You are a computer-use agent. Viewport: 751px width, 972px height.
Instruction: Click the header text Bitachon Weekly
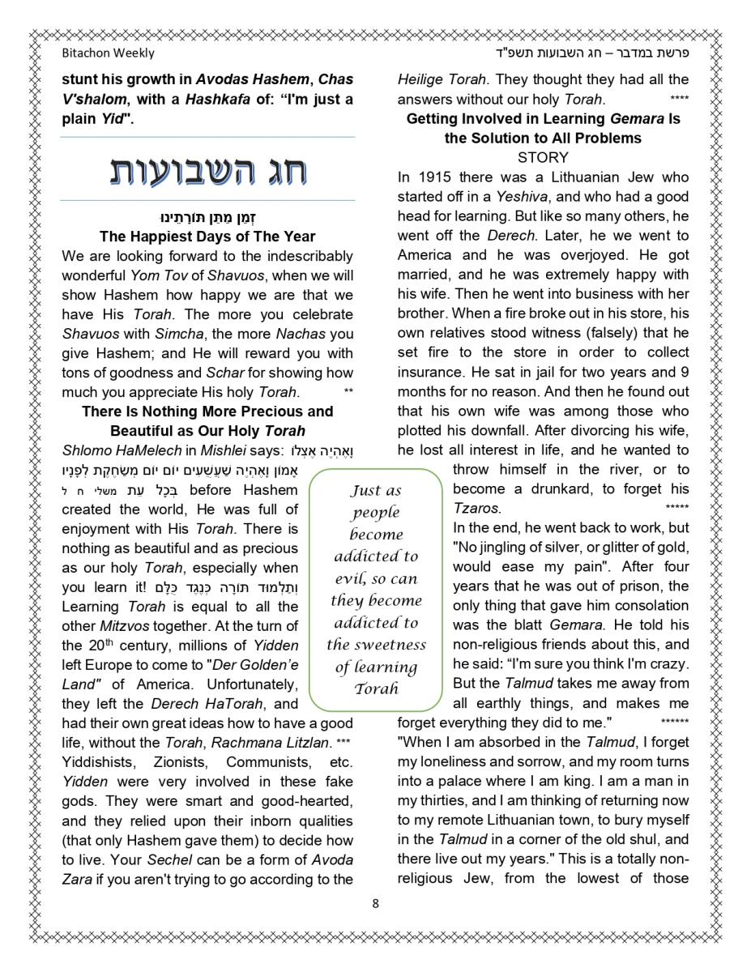pyautogui.click(x=108, y=53)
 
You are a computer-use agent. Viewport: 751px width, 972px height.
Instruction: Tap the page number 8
pyautogui.click(x=375, y=904)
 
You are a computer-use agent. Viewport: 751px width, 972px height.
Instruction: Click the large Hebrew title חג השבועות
pyautogui.click(x=207, y=172)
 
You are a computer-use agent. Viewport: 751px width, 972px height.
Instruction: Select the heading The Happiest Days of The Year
pyautogui.click(x=207, y=237)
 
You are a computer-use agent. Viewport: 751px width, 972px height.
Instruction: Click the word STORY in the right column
pyautogui.click(x=543, y=157)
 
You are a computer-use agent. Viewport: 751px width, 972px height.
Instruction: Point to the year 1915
pyautogui.click(x=437, y=177)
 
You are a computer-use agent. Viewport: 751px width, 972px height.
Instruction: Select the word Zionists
pyautogui.click(x=186, y=762)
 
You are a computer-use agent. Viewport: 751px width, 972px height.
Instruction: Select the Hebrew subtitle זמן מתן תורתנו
pyautogui.click(x=207, y=217)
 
